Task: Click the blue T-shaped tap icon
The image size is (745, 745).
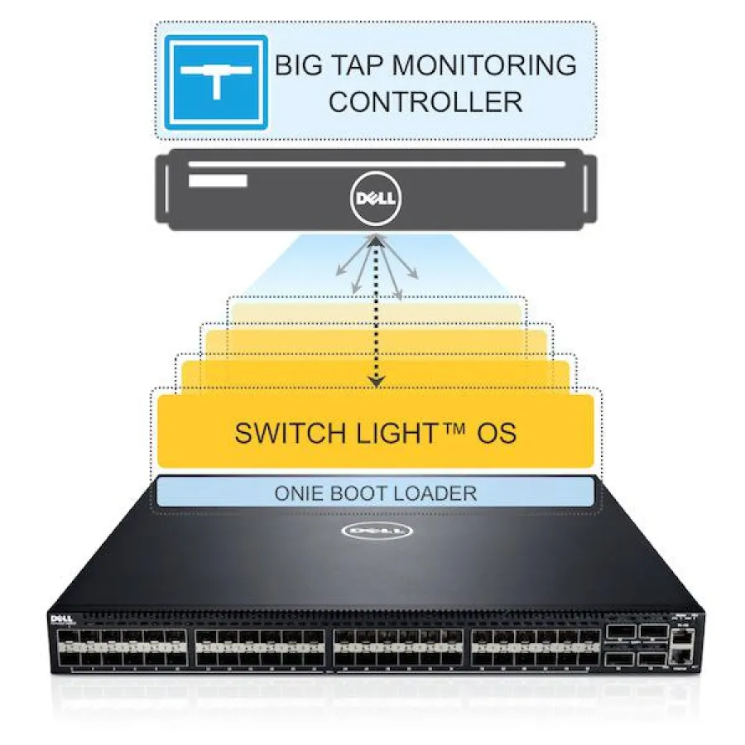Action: pos(215,82)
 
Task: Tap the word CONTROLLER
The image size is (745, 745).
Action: pos(425,103)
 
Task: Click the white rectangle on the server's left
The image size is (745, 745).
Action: pos(217,180)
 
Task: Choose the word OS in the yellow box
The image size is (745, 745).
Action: pos(495,433)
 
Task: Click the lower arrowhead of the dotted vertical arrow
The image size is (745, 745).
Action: pos(377,382)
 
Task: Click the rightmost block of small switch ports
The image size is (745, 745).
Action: pos(534,650)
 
